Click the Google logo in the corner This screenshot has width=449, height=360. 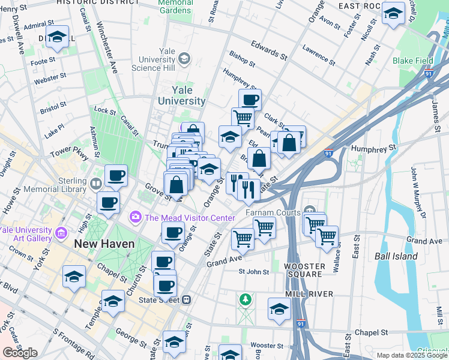point(20,353)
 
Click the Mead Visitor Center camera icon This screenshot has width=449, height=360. point(136,217)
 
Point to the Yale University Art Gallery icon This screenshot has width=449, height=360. point(61,232)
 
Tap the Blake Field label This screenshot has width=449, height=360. point(411,61)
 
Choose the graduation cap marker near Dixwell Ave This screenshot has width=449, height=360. point(57,37)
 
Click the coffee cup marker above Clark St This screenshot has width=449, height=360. point(250,100)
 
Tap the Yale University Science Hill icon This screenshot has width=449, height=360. point(184,58)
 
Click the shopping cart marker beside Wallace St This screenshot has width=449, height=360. point(327,237)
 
